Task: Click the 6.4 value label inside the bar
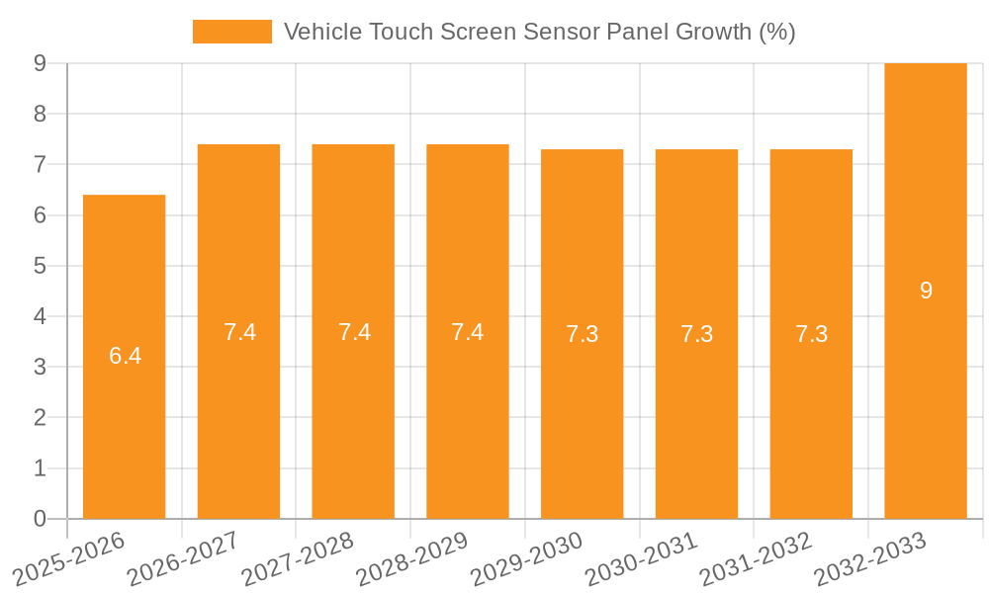[125, 356]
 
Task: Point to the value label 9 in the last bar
[926, 291]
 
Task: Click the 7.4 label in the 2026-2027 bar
[239, 332]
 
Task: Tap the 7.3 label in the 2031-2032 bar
[811, 334]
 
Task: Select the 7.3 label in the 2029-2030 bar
[582, 334]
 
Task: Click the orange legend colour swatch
[231, 32]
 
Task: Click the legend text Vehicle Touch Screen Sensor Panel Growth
[539, 32]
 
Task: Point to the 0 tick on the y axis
[41, 519]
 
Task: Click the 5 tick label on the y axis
[41, 266]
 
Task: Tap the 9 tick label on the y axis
[41, 63]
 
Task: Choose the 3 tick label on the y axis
[41, 367]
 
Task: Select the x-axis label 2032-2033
[870, 559]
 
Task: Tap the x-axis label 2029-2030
[527, 559]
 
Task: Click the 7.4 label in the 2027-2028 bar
[354, 332]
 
